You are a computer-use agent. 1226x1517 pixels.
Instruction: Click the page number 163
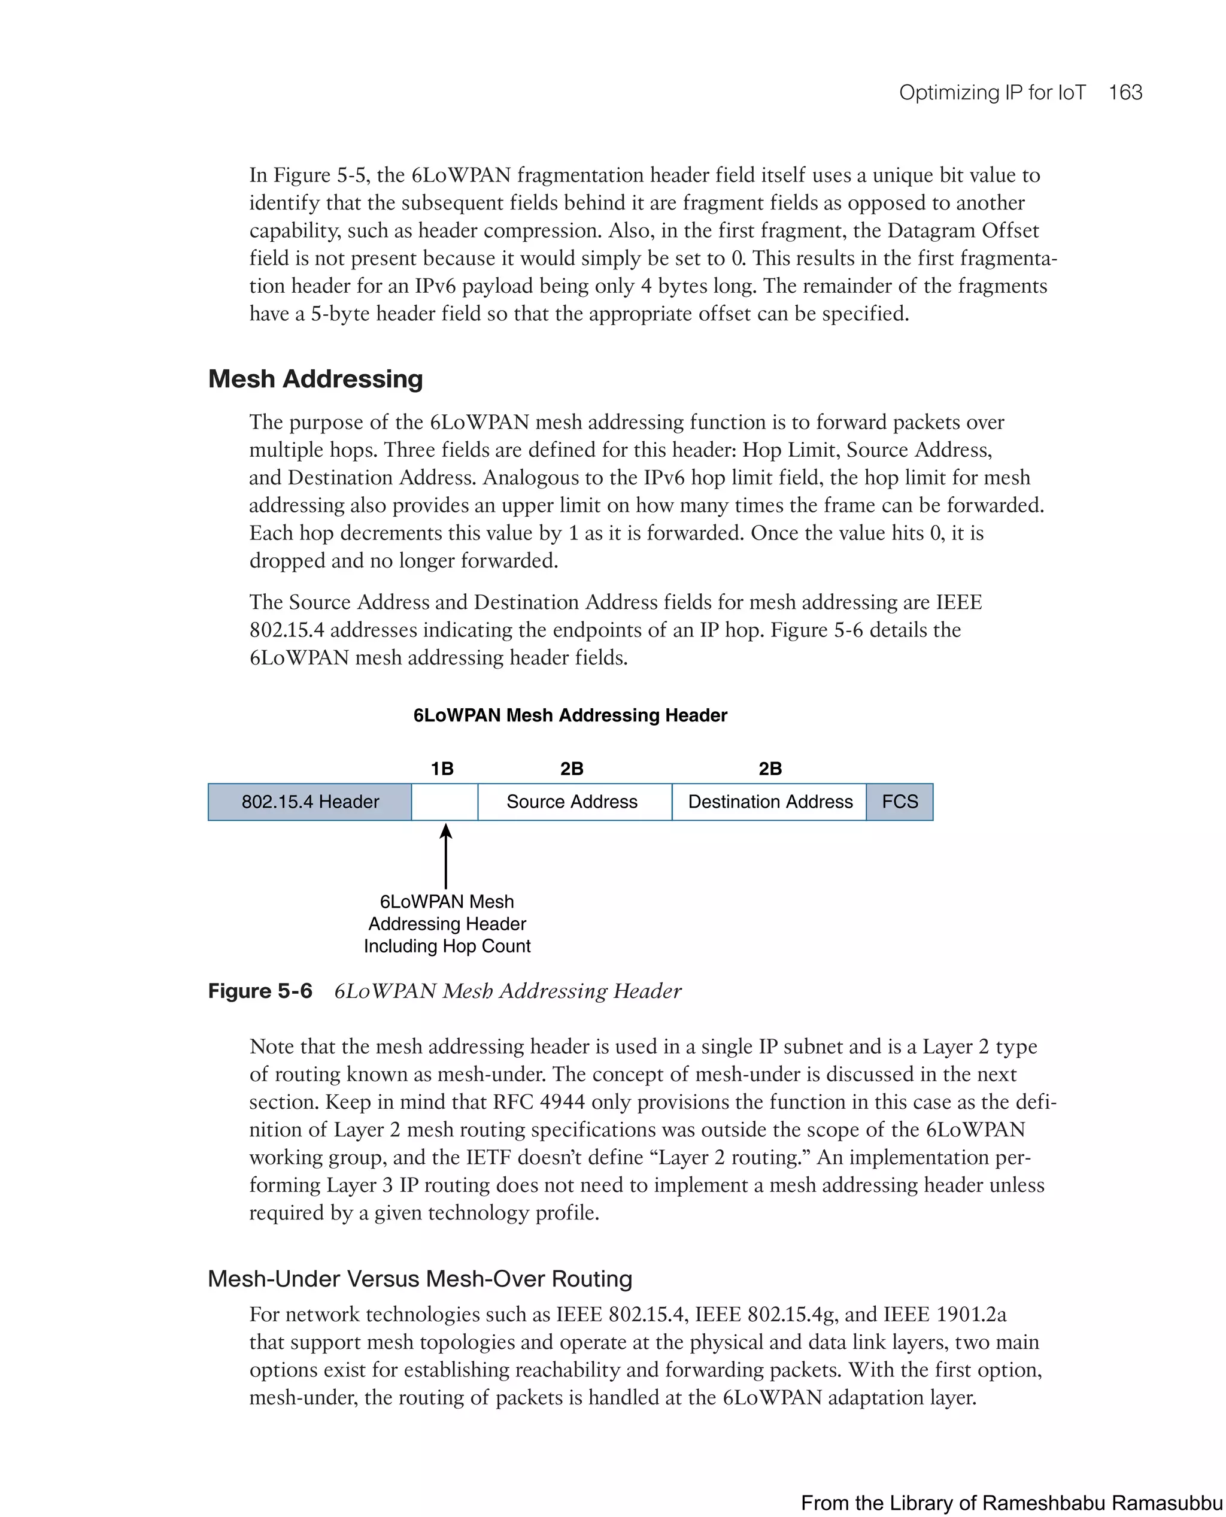tap(1125, 93)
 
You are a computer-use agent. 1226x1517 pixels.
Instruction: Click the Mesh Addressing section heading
tap(315, 380)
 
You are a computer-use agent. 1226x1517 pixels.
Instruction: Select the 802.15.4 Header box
tap(309, 802)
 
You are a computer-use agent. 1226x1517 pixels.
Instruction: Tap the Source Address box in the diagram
tap(573, 802)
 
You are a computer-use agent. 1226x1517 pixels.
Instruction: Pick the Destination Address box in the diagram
tap(770, 802)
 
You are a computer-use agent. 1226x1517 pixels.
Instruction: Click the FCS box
tap(900, 802)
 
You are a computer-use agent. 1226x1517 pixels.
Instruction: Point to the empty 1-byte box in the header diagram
tap(444, 802)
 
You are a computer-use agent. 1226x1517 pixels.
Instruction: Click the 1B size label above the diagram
tap(442, 769)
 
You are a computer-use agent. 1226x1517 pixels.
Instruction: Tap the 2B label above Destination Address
tap(770, 769)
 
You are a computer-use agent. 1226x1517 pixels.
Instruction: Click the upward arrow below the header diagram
tap(445, 856)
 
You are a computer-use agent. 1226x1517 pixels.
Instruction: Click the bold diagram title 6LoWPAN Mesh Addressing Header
tap(570, 715)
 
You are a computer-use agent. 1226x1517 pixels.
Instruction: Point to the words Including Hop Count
tap(447, 946)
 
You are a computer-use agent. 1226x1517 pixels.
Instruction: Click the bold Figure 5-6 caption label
tap(260, 991)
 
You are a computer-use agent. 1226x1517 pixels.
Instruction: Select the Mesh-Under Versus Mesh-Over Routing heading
tap(420, 1279)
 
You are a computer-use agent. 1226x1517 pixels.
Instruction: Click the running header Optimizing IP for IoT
tap(991, 93)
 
